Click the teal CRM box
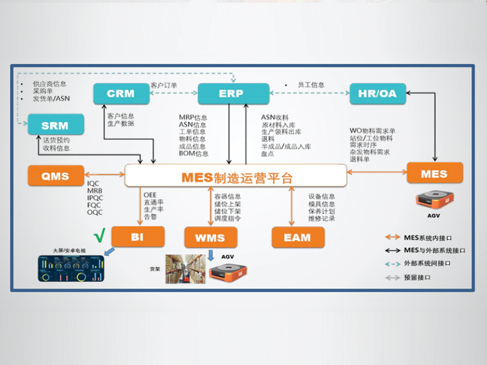120,94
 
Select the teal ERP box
233,94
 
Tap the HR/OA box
377,94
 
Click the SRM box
55,125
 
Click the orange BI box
137,237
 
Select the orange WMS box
210,237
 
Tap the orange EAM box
298,237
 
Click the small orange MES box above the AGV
435,173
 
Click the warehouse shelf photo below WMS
186,269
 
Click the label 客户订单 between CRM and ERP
164,85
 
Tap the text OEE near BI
150,195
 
